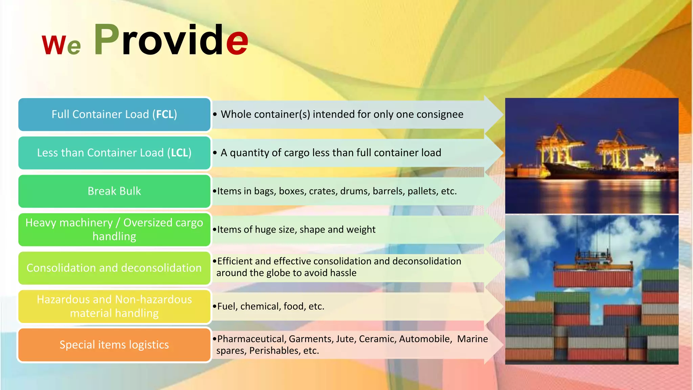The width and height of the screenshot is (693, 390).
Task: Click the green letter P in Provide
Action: coord(106,40)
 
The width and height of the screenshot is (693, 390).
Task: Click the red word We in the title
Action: coord(61,45)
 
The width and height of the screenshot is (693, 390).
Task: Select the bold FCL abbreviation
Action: coord(164,114)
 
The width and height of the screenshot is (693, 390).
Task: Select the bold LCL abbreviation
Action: coord(179,153)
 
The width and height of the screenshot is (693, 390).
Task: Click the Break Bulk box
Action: coord(114,191)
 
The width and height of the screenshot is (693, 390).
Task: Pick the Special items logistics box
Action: coord(114,345)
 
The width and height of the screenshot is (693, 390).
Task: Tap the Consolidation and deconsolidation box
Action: coord(114,268)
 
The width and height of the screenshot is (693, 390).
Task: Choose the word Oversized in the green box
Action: coord(148,223)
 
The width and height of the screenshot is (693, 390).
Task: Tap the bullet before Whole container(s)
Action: coord(215,114)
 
